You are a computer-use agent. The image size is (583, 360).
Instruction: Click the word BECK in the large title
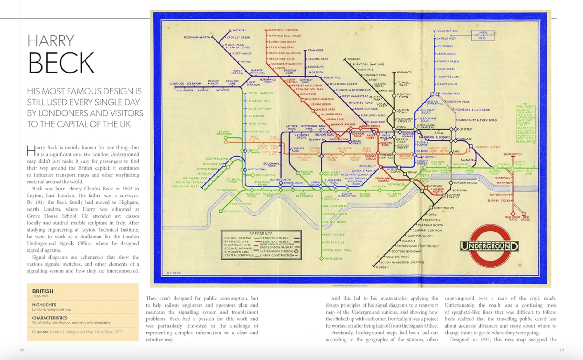coord(61,63)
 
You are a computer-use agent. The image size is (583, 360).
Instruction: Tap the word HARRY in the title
coord(51,41)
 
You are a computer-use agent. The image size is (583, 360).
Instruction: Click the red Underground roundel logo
coord(489,246)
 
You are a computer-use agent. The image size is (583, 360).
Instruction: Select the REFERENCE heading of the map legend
coord(261,234)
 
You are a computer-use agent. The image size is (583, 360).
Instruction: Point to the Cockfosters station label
coord(447,31)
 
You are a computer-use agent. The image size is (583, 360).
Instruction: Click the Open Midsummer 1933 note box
coord(482,35)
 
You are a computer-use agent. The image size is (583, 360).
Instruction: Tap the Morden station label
coord(382,267)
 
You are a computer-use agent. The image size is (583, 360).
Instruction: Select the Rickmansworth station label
coord(197,37)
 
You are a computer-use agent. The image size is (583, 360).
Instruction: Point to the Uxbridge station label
coord(177,84)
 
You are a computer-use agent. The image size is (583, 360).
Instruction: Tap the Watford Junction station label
coord(283,30)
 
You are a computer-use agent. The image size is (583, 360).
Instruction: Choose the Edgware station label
coord(354,59)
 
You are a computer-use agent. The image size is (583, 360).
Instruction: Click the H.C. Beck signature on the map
coord(174,273)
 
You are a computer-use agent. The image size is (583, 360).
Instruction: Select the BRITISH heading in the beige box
coord(43,291)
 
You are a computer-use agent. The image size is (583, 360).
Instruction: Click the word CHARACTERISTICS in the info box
coord(50,318)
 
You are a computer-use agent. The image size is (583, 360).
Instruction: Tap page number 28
coord(22,350)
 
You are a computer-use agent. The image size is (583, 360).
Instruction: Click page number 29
coord(561,350)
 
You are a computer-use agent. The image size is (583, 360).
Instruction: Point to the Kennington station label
coord(444,208)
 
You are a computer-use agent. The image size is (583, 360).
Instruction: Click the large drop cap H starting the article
coord(31,151)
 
